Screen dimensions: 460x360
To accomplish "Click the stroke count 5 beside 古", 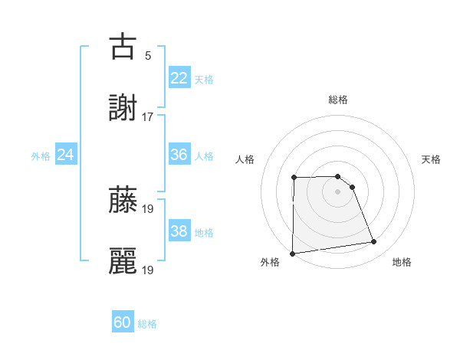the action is (148, 56).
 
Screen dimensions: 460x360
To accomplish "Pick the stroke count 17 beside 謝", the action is (148, 117).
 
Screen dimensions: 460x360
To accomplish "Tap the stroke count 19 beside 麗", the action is (148, 270).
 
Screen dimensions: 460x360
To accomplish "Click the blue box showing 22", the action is (179, 78).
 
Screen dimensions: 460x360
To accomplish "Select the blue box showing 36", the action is (179, 155).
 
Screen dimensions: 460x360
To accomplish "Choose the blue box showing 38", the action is (179, 231).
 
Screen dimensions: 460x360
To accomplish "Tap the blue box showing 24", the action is (66, 155).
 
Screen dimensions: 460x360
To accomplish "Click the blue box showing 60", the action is (123, 322).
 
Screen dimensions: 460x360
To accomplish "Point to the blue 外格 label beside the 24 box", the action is (41, 156).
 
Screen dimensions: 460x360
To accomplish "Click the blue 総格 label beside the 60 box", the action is (147, 324).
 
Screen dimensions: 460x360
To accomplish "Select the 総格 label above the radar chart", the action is (338, 100).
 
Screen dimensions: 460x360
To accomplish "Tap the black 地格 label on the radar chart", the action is (402, 262).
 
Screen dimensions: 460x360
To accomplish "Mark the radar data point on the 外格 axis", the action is (292, 254).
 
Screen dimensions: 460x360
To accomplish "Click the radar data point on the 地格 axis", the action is (374, 242).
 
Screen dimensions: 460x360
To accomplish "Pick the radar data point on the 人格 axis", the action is (294, 178).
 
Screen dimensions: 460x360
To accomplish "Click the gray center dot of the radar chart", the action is (338, 191).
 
